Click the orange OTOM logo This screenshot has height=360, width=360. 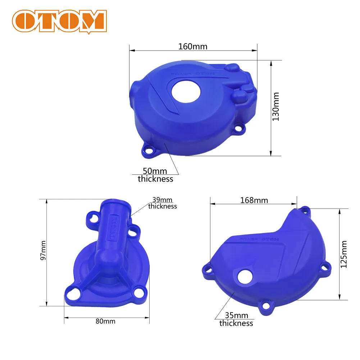(59, 20)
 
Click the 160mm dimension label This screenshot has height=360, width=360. (193, 46)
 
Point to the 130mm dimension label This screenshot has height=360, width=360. (276, 106)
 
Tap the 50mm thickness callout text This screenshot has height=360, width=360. (155, 175)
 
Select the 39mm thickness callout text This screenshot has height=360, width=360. (163, 203)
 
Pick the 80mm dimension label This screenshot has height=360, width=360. (105, 321)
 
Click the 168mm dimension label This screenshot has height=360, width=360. (254, 200)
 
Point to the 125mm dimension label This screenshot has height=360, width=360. (343, 254)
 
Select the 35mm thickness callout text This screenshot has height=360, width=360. (236, 319)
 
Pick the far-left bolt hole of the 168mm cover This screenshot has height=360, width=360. (208, 269)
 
